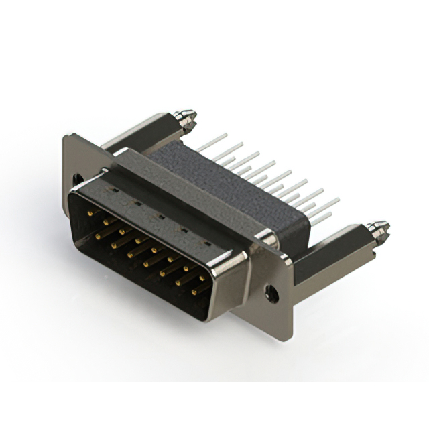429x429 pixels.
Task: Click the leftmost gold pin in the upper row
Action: click(90, 216)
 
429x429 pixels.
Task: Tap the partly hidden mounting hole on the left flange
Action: click(78, 180)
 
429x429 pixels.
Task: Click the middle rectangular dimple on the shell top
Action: click(159, 214)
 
